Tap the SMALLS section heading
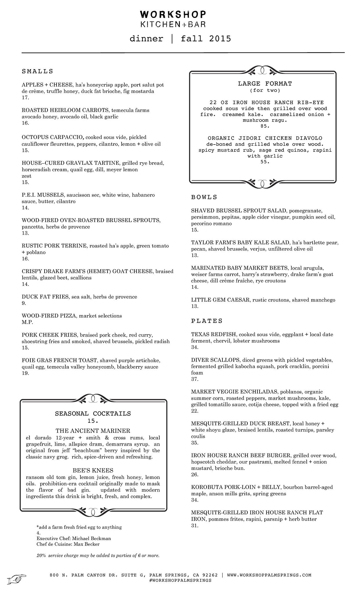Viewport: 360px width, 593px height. (x=37, y=71)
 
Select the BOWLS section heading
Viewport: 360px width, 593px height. (x=204, y=197)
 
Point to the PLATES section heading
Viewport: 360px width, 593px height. (x=207, y=321)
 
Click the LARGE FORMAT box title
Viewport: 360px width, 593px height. (x=265, y=84)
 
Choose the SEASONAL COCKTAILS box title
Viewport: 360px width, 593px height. (x=93, y=413)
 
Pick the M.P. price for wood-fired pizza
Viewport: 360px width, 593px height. (x=27, y=322)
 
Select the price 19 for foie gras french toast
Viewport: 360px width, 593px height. (x=25, y=373)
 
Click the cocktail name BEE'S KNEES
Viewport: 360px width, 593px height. (x=93, y=470)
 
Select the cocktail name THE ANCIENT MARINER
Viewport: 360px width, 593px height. (x=93, y=431)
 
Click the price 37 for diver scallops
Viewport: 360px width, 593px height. (x=195, y=379)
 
